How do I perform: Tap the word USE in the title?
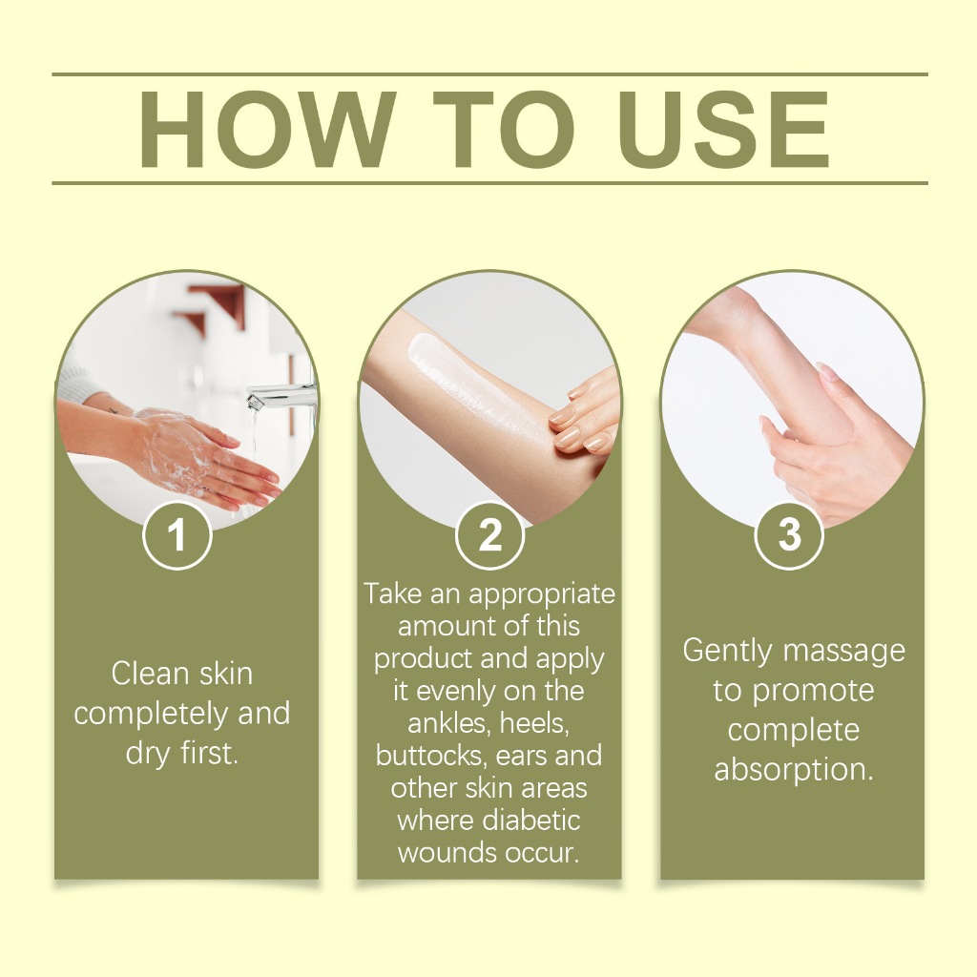[724, 130]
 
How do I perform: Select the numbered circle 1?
[177, 535]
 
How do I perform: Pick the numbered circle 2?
[489, 535]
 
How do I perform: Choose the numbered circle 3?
[789, 534]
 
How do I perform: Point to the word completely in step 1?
[151, 715]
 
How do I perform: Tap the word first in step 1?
[209, 753]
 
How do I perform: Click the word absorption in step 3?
[793, 770]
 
